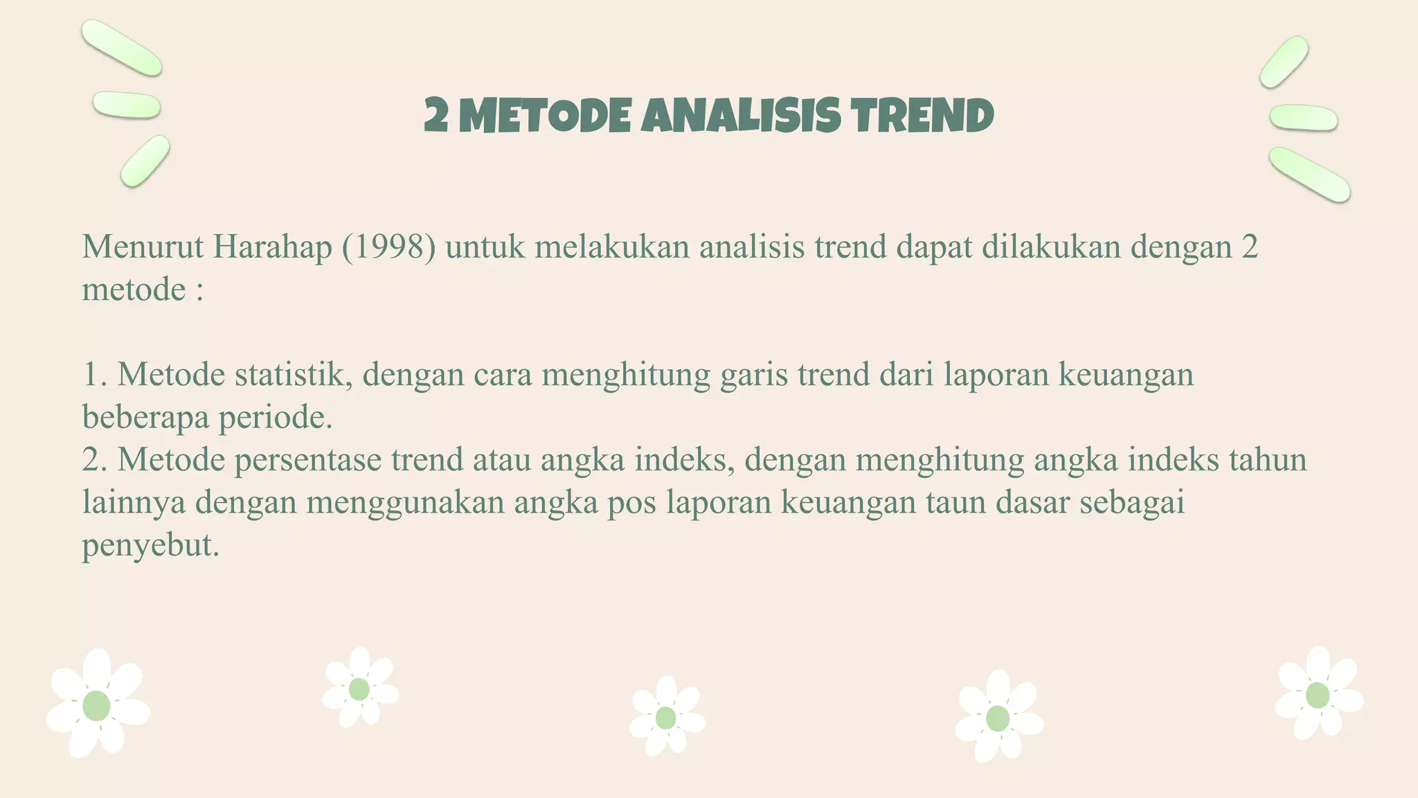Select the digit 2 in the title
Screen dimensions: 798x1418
[436, 115]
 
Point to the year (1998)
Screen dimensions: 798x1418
[388, 247]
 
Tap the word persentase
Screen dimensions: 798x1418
[307, 461]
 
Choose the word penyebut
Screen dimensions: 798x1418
[150, 546]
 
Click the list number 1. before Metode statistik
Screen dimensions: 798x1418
[95, 375]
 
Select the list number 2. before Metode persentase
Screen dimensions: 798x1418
[95, 460]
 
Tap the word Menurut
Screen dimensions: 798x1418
[143, 247]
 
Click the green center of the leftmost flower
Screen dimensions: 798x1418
[96, 705]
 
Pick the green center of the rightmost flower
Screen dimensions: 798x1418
[1317, 695]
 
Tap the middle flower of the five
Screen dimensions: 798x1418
[666, 717]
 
